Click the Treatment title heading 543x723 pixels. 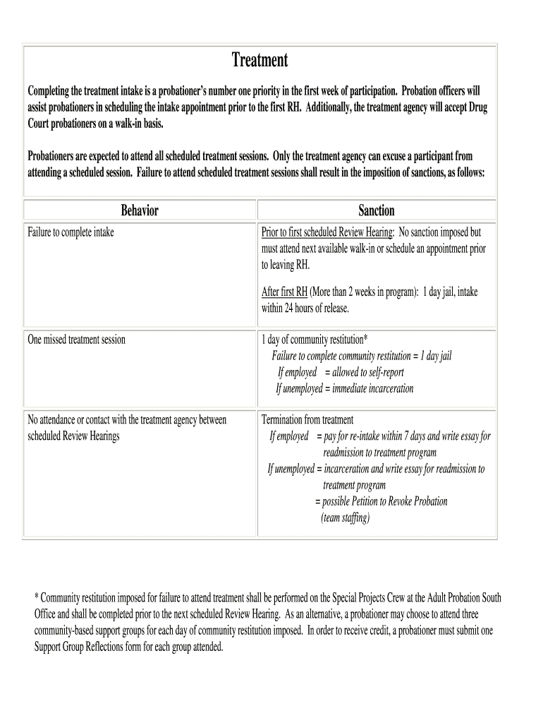260,61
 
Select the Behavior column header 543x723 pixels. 140,210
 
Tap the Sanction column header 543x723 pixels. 377,210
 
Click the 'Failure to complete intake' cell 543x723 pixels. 71,232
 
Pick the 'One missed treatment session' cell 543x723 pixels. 76,340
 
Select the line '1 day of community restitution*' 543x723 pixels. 315,340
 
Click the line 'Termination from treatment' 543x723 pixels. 307,419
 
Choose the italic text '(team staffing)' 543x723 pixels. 345,518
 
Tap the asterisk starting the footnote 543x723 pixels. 37,598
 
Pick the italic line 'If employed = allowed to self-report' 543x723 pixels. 341,372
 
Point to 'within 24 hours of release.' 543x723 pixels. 305,308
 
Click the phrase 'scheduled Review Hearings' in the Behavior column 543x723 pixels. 73,436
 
